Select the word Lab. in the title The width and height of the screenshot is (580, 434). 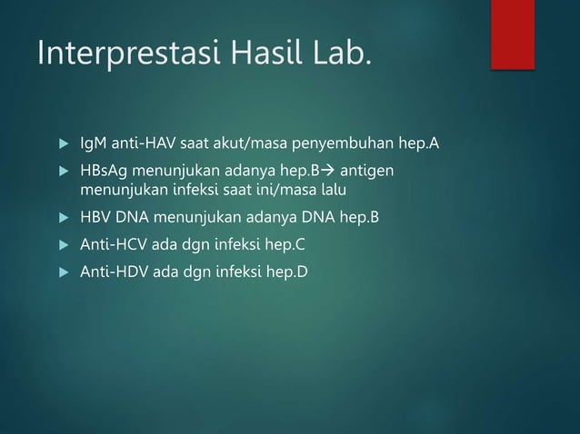coord(339,54)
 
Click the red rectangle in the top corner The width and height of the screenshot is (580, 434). coord(513,35)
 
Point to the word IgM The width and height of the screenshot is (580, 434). coord(93,144)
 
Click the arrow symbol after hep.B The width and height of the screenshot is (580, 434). coord(327,173)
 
